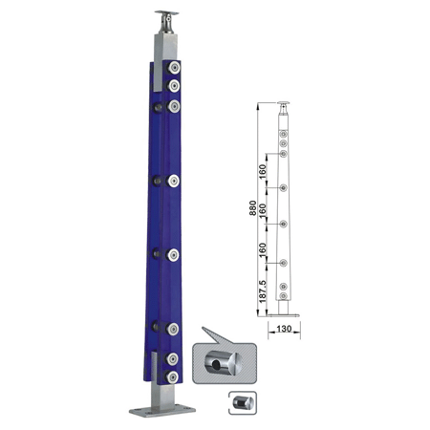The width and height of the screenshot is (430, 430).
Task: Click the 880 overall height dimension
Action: tap(252, 208)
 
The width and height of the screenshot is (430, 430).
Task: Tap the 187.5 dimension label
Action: tap(262, 291)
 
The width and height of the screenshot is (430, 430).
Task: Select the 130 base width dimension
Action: tap(284, 329)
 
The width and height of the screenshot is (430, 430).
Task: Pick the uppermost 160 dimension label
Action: tap(262, 172)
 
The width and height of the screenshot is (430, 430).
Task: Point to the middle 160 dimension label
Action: tap(262, 211)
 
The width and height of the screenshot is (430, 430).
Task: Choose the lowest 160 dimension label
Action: tap(262, 250)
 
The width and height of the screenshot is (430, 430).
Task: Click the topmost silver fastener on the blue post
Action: tap(174, 68)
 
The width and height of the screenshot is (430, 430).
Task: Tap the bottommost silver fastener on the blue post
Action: tap(172, 377)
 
